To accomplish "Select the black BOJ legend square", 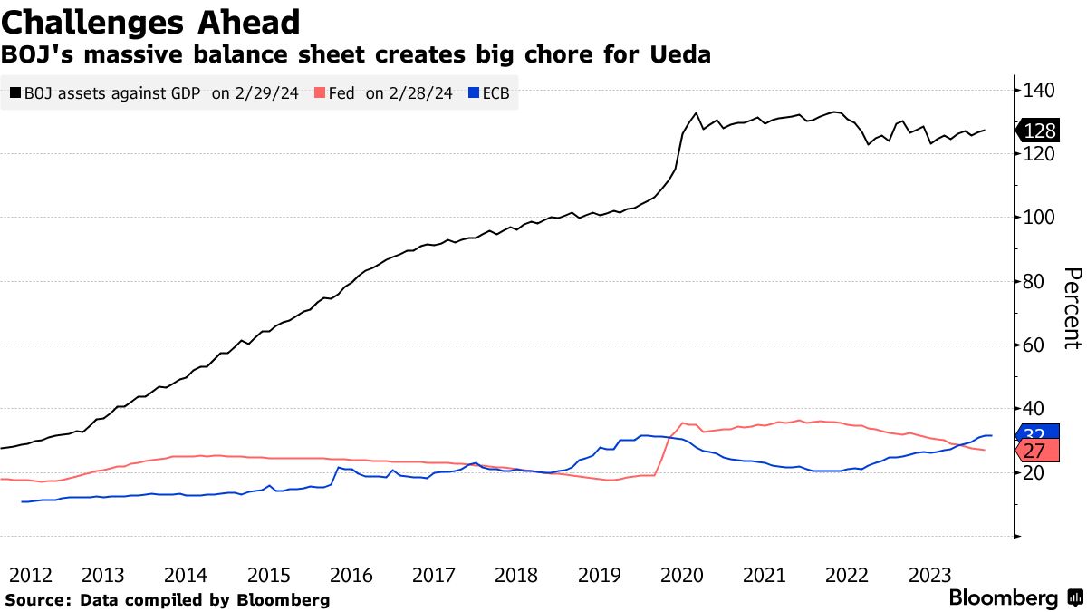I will pyautogui.click(x=15, y=92).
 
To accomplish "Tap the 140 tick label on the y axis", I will pyautogui.click(x=1040, y=90).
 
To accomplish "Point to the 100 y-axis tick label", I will pyautogui.click(x=1040, y=218).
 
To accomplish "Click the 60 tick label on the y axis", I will pyautogui.click(x=1035, y=345).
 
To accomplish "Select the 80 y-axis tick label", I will pyautogui.click(x=1035, y=281).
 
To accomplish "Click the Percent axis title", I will pyautogui.click(x=1072, y=308).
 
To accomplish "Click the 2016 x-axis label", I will pyautogui.click(x=351, y=575).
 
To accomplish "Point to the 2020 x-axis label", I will pyautogui.click(x=681, y=575).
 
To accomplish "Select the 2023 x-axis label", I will pyautogui.click(x=929, y=575).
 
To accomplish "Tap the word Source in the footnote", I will pyautogui.click(x=35, y=600).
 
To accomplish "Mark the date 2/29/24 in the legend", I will pyautogui.click(x=258, y=92).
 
